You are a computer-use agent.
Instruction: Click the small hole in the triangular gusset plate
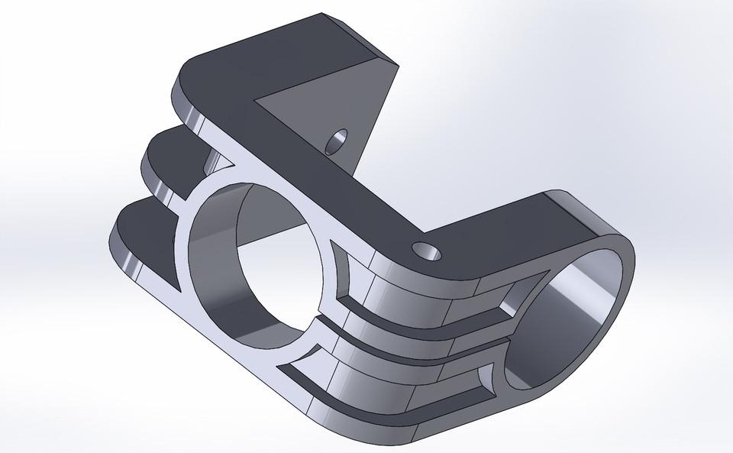(335, 141)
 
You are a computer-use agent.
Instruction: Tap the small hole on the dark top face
(421, 249)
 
